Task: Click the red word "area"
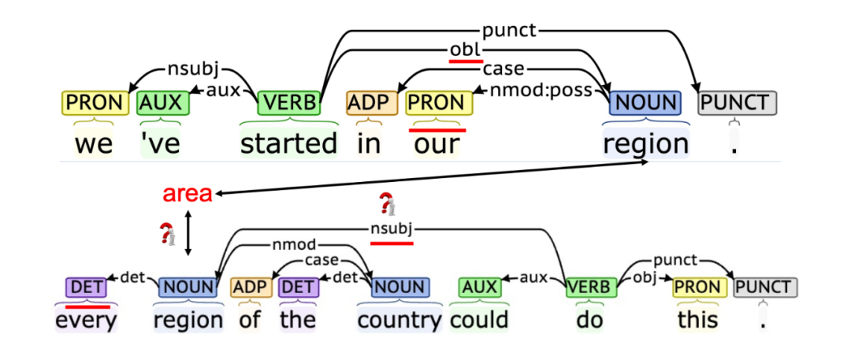pyautogui.click(x=188, y=194)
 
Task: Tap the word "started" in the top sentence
pyautogui.click(x=288, y=143)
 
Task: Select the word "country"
pyautogui.click(x=399, y=320)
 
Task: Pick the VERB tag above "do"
pyautogui.click(x=589, y=288)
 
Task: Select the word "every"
pyautogui.click(x=87, y=320)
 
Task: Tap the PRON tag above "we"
pyautogui.click(x=95, y=102)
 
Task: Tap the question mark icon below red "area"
pyautogui.click(x=166, y=234)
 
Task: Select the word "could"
pyautogui.click(x=480, y=320)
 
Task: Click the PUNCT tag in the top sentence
pyautogui.click(x=738, y=102)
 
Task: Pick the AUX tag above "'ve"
pyautogui.click(x=163, y=102)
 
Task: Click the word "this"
pyautogui.click(x=697, y=320)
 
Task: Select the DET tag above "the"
pyautogui.click(x=297, y=288)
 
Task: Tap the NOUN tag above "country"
pyautogui.click(x=399, y=288)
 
